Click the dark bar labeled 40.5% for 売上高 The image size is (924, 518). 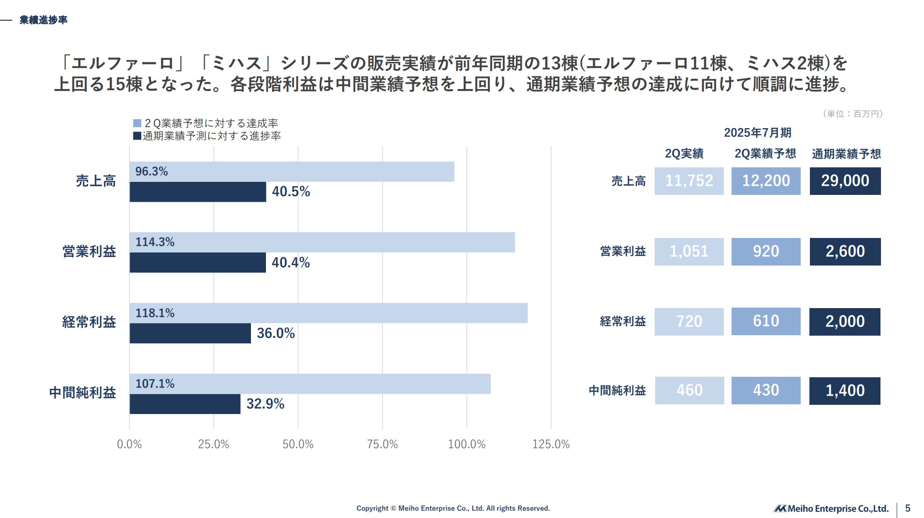coord(197,192)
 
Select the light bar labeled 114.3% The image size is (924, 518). coord(322,242)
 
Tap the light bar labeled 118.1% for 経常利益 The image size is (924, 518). coord(328,313)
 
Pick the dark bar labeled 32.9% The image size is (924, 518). coord(185,404)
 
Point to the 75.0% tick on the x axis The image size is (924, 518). coord(382,444)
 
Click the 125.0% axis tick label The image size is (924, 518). coord(551,444)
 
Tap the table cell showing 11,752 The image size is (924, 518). coord(689,181)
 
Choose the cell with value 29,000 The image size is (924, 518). coord(845,181)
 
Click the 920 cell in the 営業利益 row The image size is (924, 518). coord(765,252)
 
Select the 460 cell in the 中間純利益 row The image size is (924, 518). coord(689,390)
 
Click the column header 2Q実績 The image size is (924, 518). coord(684,154)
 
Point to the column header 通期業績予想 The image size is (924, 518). coord(846,154)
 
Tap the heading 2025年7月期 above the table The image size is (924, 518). coord(757,133)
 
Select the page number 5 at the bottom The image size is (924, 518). coord(908,508)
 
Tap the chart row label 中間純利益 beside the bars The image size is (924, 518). coord(82,392)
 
